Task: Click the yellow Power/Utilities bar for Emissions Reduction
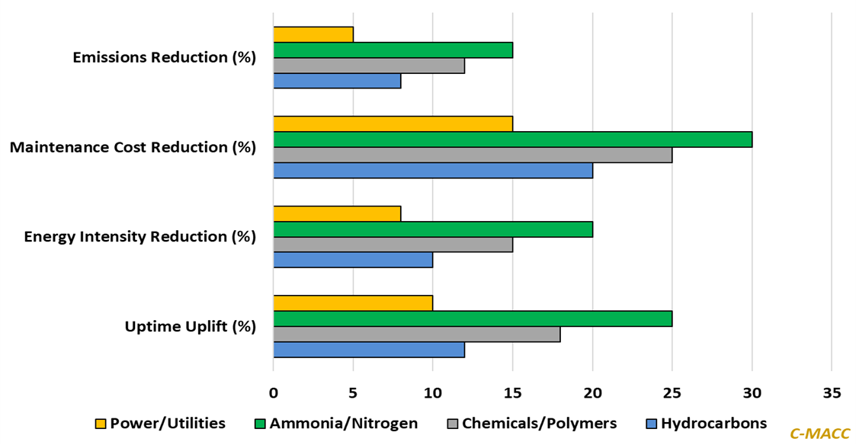[313, 35]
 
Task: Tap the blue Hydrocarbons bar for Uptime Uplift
[369, 350]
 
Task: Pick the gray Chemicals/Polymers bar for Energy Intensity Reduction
[393, 245]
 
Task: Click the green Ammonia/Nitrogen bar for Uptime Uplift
[473, 319]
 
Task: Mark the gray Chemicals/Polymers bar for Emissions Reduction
[369, 66]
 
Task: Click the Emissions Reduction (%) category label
[165, 57]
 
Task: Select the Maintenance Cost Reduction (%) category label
[133, 147]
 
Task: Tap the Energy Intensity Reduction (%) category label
[140, 236]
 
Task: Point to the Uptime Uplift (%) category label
[191, 326]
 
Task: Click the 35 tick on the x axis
[832, 393]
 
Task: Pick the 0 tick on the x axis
[274, 393]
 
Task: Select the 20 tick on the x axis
[592, 393]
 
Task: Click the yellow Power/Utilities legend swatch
[100, 424]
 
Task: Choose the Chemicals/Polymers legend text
[539, 424]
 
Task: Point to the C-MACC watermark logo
[819, 434]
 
